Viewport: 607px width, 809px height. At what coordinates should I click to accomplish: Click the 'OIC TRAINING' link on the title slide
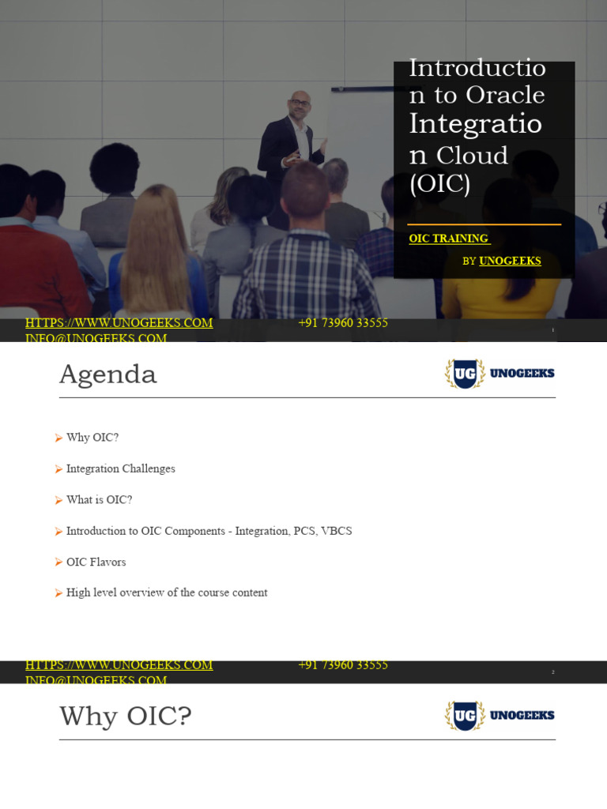click(448, 239)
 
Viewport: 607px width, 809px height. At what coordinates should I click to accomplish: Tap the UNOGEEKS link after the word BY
click(510, 261)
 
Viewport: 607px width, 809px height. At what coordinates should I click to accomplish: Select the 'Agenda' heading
click(108, 374)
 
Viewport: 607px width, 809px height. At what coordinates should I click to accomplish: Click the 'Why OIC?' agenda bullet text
click(92, 438)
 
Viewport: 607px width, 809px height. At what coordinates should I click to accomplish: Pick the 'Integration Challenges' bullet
click(120, 468)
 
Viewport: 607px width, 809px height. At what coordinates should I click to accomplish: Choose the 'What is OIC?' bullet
click(99, 500)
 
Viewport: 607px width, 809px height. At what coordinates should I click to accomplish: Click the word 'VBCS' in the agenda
click(336, 531)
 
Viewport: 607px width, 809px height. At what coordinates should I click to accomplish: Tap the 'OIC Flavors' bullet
click(96, 562)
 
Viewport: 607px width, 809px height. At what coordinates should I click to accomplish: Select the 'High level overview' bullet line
click(167, 593)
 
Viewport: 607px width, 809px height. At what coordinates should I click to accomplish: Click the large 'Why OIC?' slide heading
click(126, 717)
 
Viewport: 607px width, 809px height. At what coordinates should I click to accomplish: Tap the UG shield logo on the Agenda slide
click(465, 374)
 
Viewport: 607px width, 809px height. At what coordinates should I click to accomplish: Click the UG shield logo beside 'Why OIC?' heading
click(465, 716)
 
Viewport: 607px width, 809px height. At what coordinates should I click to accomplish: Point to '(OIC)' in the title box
click(439, 183)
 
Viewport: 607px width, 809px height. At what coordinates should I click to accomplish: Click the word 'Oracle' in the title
click(505, 95)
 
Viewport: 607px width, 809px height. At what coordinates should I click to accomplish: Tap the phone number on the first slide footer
click(343, 323)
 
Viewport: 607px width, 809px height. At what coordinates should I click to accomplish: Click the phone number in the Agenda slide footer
click(343, 665)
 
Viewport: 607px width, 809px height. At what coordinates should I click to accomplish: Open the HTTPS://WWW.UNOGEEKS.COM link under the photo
click(119, 323)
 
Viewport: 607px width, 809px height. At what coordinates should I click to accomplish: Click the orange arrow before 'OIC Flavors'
click(58, 562)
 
